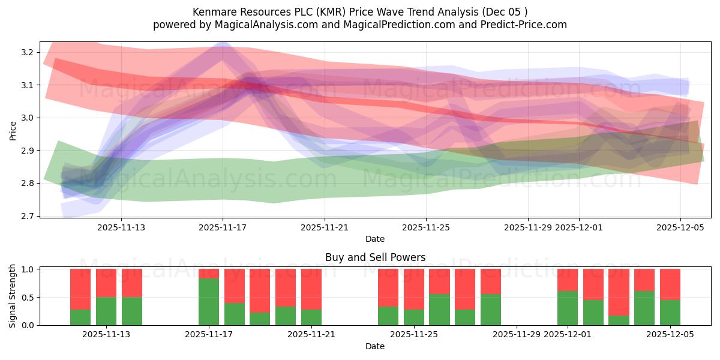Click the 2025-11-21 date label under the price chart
pyautogui.click(x=325, y=227)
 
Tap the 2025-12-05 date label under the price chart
pyautogui.click(x=680, y=227)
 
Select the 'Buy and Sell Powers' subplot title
pyautogui.click(x=375, y=257)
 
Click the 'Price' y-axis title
pyautogui.click(x=13, y=130)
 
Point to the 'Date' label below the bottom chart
pyautogui.click(x=375, y=346)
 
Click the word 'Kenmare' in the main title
pyautogui.click(x=211, y=11)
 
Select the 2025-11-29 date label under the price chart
pyautogui.click(x=528, y=227)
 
